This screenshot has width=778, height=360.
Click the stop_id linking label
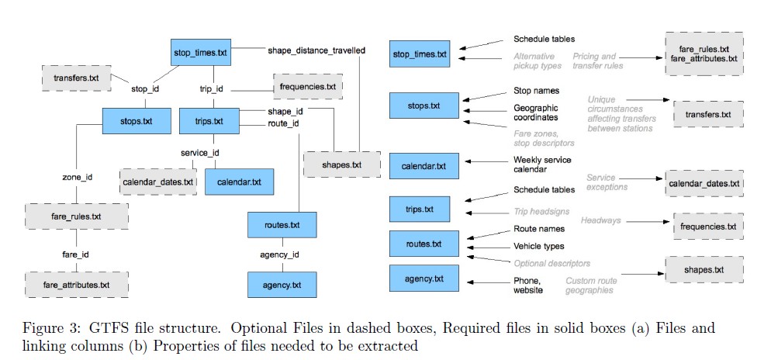pos(145,88)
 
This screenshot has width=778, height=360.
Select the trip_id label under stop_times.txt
pos(212,88)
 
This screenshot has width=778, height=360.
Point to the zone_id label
pos(77,177)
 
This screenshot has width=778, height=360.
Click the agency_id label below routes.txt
pos(279,254)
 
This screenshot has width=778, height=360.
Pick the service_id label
pos(200,153)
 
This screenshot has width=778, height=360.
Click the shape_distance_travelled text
pos(316,50)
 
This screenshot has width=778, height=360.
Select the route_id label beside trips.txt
pos(284,123)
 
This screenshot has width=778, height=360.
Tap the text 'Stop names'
pos(536,91)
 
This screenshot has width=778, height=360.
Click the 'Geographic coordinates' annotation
pos(535,112)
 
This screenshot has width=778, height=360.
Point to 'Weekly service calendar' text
pos(541,164)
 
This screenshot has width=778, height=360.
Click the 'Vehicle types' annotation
pos(539,245)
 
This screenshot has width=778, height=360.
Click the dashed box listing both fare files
pos(704,54)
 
